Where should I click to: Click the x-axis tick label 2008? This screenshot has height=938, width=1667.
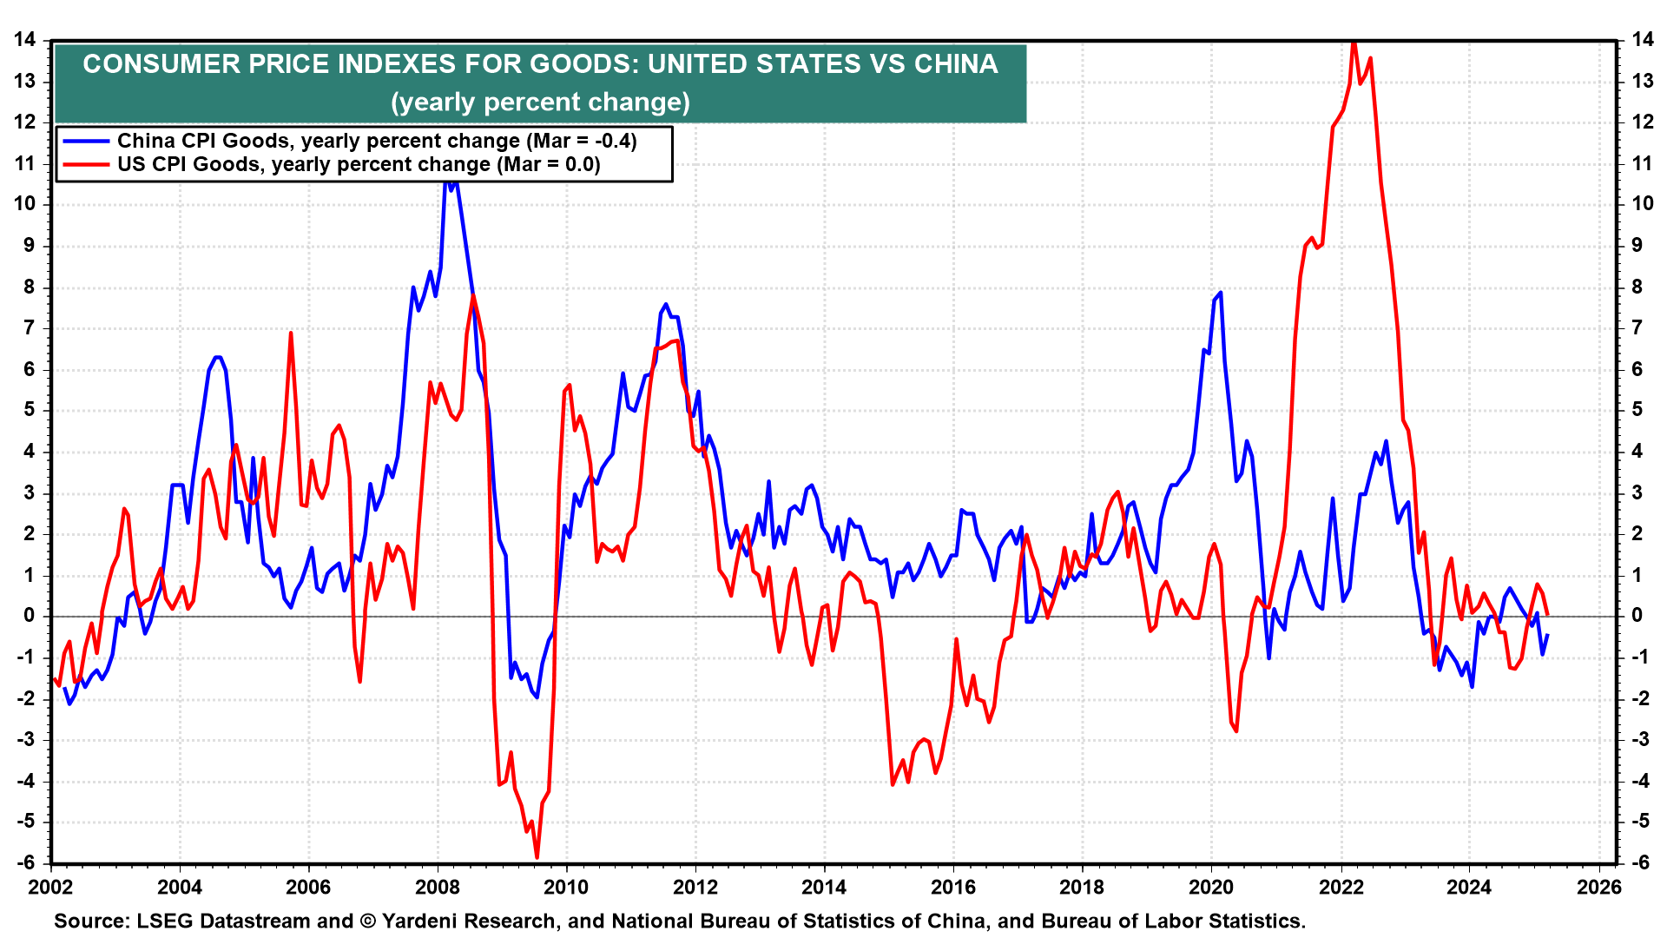438,887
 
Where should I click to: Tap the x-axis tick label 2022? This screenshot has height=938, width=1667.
1341,887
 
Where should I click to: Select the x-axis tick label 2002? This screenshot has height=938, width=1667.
50,887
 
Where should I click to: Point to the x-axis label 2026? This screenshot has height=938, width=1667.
1598,887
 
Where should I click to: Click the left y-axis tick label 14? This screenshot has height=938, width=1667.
24,40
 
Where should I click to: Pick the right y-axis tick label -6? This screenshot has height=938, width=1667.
1640,862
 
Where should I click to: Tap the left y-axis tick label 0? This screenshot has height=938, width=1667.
30,616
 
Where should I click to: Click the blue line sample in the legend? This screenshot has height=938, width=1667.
85,142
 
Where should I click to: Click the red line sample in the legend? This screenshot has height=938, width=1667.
85,165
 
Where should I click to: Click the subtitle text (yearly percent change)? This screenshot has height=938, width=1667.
540,102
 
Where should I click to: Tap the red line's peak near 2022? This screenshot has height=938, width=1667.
1354,42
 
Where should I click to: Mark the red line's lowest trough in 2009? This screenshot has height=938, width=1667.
537,857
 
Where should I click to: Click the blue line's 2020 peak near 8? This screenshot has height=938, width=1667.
1221,293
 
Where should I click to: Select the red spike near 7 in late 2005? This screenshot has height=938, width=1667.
291,333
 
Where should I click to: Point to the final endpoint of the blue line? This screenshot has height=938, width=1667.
1547,635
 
